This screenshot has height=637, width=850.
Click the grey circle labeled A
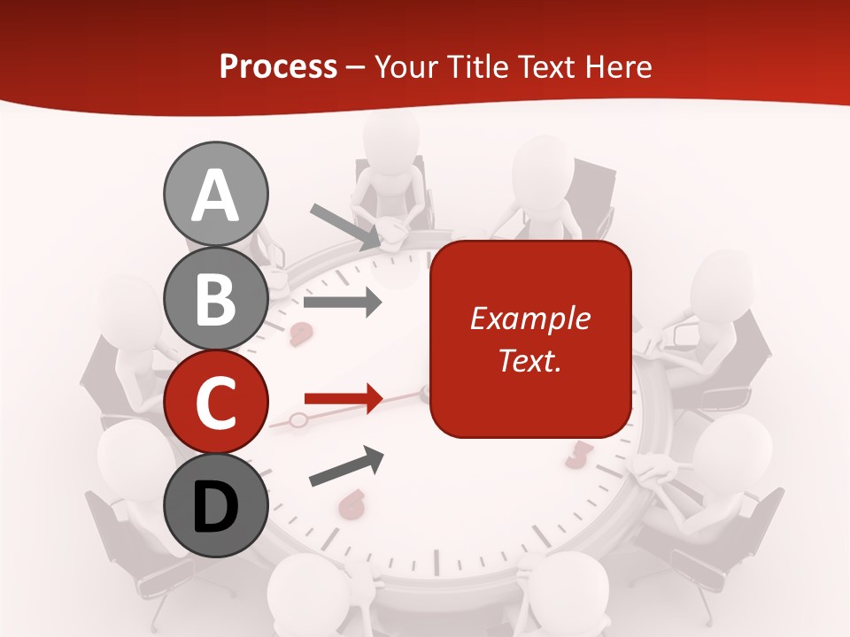pyautogui.click(x=215, y=194)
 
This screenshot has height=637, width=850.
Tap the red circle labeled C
pyautogui.click(x=215, y=403)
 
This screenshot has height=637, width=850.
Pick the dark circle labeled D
pyautogui.click(x=215, y=506)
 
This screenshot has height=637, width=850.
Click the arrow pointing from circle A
pyautogui.click(x=346, y=226)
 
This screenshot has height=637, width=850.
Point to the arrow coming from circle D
pyautogui.click(x=346, y=466)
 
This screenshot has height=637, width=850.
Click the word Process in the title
pyautogui.click(x=278, y=66)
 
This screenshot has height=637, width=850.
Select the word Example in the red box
pyautogui.click(x=529, y=318)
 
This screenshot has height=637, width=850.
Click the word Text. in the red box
pyautogui.click(x=529, y=361)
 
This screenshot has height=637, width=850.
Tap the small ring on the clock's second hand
pyautogui.click(x=298, y=419)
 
